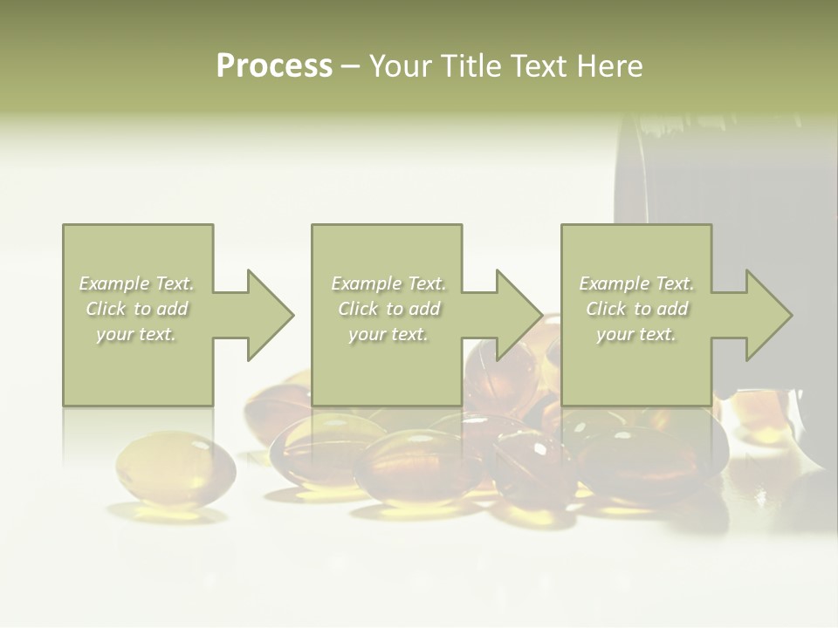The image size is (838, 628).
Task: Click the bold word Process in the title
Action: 274,66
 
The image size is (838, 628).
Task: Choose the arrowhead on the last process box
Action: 767,315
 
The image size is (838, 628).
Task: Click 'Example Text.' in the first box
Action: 136,283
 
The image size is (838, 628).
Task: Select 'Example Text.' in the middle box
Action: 388,283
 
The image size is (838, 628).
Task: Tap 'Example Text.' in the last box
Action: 636,283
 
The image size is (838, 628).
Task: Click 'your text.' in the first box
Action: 136,334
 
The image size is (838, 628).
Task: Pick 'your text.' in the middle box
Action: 388,334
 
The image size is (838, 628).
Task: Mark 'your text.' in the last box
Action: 636,334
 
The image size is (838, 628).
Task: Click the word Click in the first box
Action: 106,309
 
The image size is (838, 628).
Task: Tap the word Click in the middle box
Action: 358,309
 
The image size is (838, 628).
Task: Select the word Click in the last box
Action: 606,309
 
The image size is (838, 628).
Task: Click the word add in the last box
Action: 672,309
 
